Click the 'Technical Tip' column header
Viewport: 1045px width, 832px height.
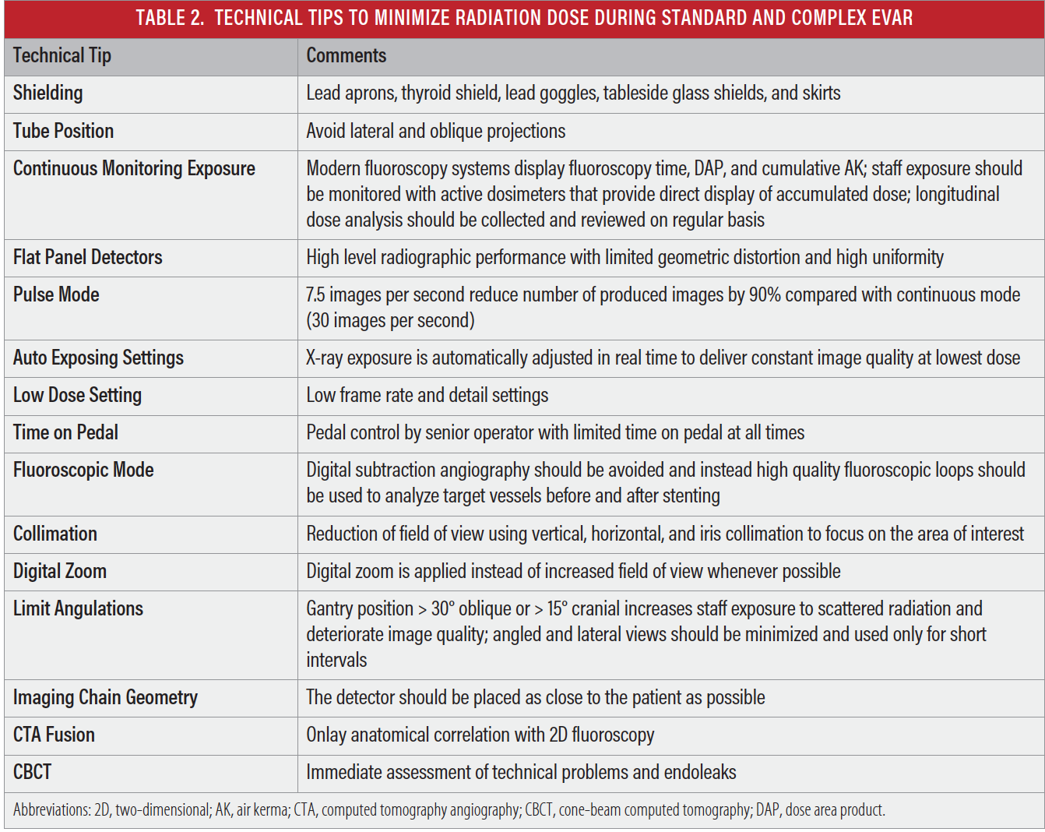click(x=62, y=56)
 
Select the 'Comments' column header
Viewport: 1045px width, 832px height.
click(x=347, y=56)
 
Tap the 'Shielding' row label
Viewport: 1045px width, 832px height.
click(x=47, y=93)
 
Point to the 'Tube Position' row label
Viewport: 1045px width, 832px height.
click(x=63, y=131)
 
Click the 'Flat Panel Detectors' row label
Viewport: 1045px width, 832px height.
click(x=87, y=257)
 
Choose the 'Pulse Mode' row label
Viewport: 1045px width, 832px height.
click(x=56, y=294)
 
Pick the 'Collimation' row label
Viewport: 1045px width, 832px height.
click(x=55, y=534)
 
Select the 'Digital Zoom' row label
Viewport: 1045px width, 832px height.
click(x=60, y=571)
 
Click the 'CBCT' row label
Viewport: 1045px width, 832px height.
click(x=32, y=772)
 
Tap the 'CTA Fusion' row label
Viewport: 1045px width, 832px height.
click(x=54, y=735)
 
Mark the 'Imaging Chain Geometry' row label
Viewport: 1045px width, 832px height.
click(x=105, y=697)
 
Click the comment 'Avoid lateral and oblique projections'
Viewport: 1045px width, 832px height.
click(x=435, y=131)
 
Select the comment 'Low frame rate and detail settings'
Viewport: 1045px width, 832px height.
click(x=427, y=395)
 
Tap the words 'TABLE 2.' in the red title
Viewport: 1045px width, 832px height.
click(x=170, y=18)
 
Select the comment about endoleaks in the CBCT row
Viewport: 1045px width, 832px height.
click(x=521, y=772)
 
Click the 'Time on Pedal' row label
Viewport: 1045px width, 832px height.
click(x=65, y=432)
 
